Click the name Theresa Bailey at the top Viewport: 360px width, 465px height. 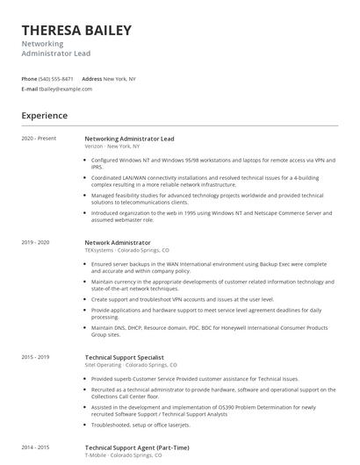76,31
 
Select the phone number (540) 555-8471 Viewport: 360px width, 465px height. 56,78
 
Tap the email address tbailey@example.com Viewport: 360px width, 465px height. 66,89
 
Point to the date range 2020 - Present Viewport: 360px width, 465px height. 39,138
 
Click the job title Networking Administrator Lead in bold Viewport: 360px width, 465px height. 129,138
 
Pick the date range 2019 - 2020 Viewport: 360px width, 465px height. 35,241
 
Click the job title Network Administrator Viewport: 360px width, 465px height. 118,241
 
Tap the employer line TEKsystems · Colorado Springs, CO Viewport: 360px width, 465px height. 126,249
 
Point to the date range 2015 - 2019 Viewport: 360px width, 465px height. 35,356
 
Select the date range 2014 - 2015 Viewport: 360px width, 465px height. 35,447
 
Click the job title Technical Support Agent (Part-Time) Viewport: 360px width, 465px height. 137,447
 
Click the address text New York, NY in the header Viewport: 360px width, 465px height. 119,78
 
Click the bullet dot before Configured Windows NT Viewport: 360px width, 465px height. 86,160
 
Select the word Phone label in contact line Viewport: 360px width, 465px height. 29,78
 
